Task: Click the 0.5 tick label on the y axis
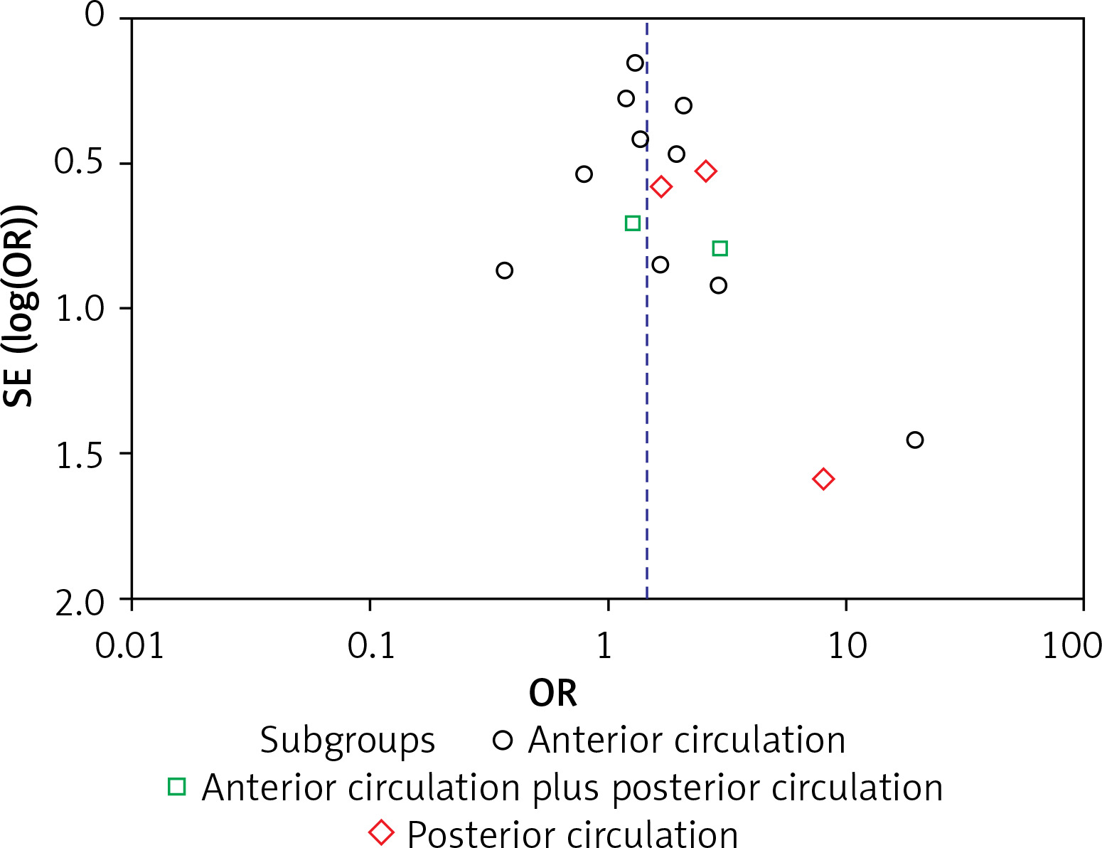[x=80, y=162]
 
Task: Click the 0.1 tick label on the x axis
[x=370, y=646]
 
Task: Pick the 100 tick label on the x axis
[x=1071, y=646]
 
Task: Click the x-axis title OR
[x=552, y=692]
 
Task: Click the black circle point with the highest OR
[x=915, y=440]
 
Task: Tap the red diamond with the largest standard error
[x=823, y=479]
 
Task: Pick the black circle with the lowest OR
[x=504, y=270]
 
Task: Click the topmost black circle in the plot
[x=635, y=63]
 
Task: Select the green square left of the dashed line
[x=632, y=223]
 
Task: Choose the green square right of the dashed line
[x=719, y=248]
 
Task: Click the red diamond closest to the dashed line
[x=661, y=187]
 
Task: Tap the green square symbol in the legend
[x=176, y=786]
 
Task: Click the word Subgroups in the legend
[x=347, y=741]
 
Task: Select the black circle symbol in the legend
[x=503, y=741]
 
